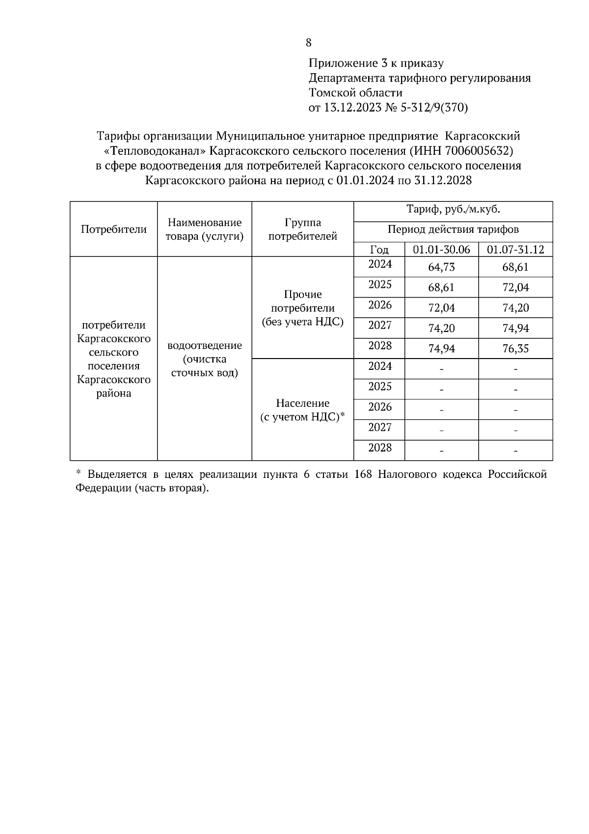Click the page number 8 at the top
click(x=308, y=43)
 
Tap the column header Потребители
click(x=113, y=229)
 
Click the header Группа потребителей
click(x=302, y=229)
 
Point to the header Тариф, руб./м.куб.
click(x=453, y=210)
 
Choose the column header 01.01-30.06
click(x=441, y=250)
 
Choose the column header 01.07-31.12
click(x=515, y=250)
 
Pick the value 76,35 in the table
click(x=515, y=349)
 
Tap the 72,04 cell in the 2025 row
click(x=515, y=288)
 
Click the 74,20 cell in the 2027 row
click(x=441, y=329)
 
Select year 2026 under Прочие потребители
click(x=380, y=305)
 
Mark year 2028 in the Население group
click(x=380, y=447)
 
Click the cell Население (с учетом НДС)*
click(x=302, y=410)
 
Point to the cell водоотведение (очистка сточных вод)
click(x=204, y=359)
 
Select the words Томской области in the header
click(x=355, y=93)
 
